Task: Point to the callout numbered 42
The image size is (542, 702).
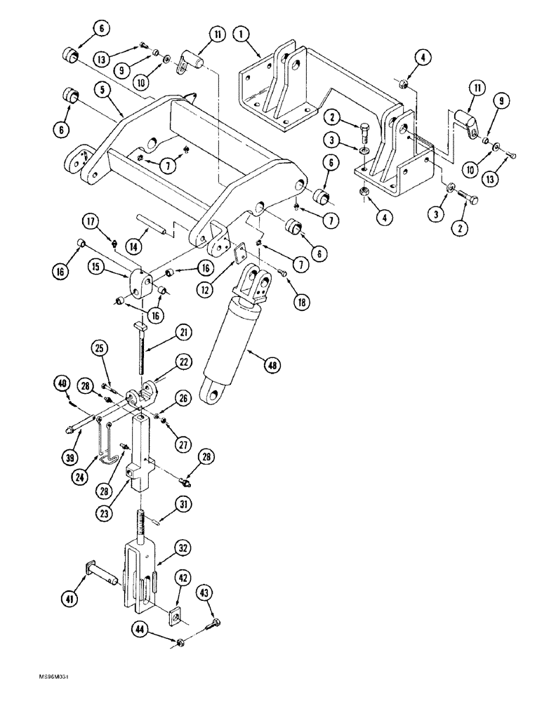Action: (x=182, y=578)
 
